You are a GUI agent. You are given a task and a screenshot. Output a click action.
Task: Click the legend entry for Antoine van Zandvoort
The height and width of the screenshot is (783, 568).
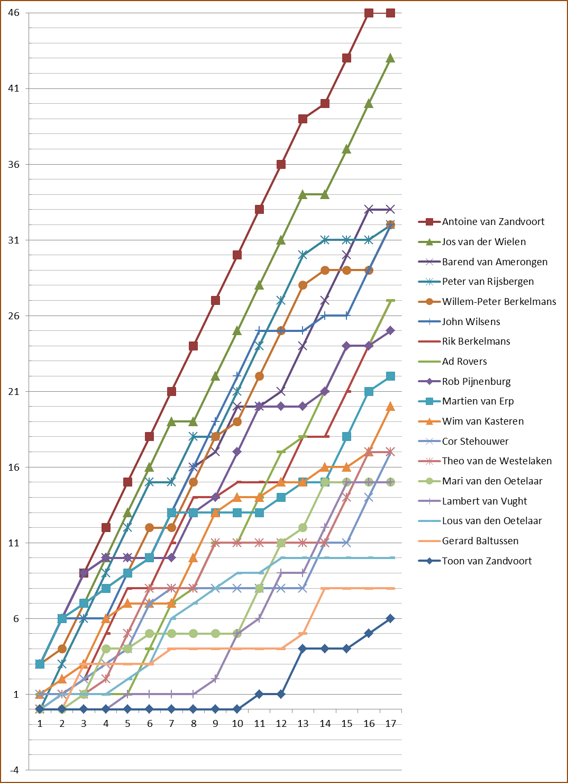click(x=493, y=222)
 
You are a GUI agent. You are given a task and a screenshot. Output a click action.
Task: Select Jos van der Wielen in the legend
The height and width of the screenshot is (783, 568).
click(x=484, y=242)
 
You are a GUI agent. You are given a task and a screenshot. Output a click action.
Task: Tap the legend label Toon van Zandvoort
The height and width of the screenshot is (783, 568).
click(x=487, y=561)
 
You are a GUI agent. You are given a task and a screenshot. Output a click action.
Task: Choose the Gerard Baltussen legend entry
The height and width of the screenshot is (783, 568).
click(x=480, y=541)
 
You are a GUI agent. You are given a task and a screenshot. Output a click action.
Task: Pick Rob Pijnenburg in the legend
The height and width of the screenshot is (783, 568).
click(x=476, y=382)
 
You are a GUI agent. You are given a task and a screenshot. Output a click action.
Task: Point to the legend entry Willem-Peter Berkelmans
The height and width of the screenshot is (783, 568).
click(x=499, y=302)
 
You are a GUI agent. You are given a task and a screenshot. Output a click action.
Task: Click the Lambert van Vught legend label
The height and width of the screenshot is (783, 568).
click(x=484, y=501)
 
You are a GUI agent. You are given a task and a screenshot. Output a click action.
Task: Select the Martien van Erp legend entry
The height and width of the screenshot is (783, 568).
click(x=478, y=401)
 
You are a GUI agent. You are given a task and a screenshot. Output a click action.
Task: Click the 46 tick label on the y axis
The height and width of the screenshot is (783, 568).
click(x=14, y=13)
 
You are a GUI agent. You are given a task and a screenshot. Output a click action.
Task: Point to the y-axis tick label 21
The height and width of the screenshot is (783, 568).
click(x=14, y=392)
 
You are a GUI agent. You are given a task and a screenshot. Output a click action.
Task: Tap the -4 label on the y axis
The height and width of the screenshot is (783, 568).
click(x=14, y=770)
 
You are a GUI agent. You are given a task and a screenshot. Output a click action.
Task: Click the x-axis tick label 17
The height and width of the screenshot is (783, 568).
click(x=390, y=724)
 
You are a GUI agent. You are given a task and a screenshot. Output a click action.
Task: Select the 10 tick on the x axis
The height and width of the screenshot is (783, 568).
click(x=237, y=724)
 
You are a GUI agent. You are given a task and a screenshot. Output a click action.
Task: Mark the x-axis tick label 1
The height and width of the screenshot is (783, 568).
click(x=40, y=724)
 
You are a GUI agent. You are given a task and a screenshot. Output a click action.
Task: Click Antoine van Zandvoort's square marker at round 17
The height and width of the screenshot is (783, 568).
click(x=390, y=13)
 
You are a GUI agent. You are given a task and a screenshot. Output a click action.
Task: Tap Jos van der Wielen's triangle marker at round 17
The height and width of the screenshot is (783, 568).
click(x=390, y=58)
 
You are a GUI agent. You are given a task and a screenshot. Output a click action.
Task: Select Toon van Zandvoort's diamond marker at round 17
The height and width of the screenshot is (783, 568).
click(x=390, y=618)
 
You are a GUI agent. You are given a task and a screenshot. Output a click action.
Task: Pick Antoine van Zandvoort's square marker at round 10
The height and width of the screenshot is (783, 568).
click(x=237, y=255)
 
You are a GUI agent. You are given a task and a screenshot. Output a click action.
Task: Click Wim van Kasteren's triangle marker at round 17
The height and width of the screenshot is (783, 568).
click(x=390, y=407)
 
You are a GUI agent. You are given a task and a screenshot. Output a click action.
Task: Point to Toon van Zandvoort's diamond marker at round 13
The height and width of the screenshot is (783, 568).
click(x=303, y=649)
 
